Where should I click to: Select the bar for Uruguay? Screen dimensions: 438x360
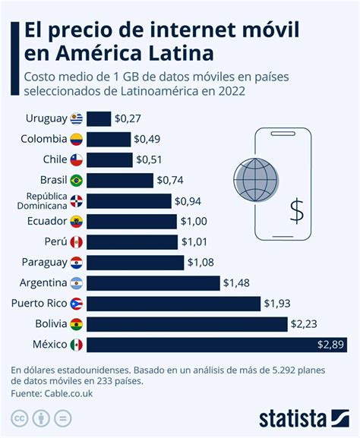(x=99, y=118)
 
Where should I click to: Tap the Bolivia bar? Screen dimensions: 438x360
(x=187, y=324)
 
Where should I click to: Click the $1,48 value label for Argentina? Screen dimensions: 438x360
(x=235, y=283)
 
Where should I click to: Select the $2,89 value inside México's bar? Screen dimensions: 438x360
(x=331, y=345)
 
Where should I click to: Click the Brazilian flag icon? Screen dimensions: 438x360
(x=76, y=181)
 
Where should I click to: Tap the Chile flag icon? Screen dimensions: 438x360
(x=76, y=160)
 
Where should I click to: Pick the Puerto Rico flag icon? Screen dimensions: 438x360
(x=76, y=304)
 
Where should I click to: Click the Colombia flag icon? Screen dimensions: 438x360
(x=76, y=140)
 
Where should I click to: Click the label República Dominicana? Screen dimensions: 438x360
(x=36, y=201)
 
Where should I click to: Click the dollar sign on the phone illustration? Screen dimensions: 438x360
(x=296, y=210)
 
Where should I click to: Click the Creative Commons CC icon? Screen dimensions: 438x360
(x=18, y=418)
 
